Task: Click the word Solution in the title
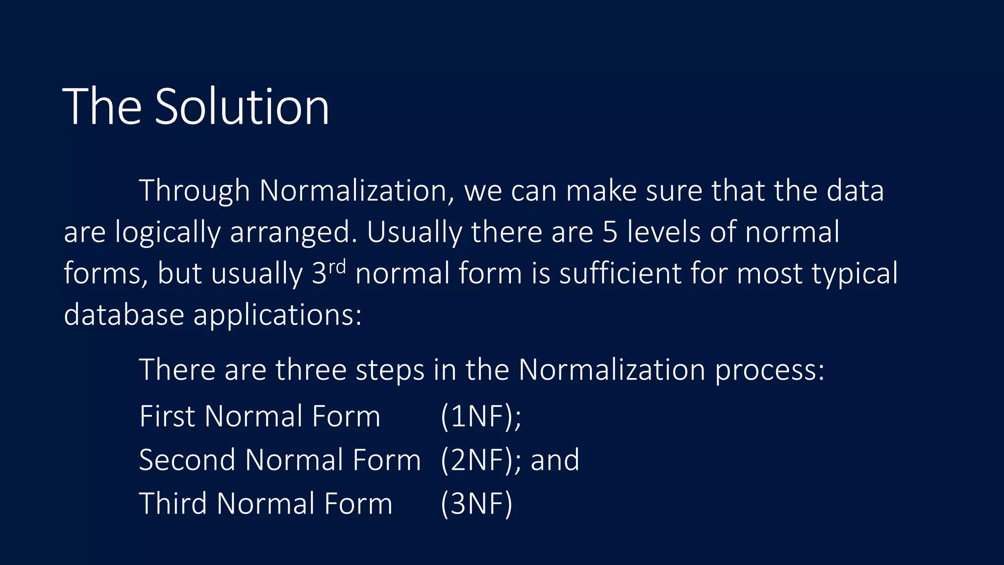coord(242,106)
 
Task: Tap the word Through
coord(194,191)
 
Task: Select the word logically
coord(168,232)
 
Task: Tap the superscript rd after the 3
coord(337,267)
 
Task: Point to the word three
coord(311,369)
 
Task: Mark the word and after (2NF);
coord(555,460)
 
